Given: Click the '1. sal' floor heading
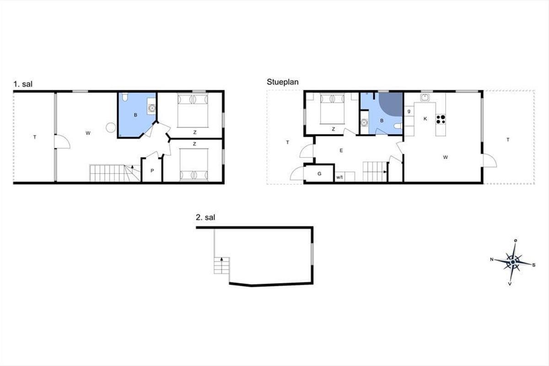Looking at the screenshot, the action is [23, 84].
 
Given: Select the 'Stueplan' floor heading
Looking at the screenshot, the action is [283, 82].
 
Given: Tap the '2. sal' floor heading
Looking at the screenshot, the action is [205, 217].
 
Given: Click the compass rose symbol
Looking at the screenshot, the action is [513, 262].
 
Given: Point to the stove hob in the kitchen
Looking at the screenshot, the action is [441, 119].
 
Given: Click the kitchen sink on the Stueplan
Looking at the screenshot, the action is [425, 97].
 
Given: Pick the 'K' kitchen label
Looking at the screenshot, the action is [425, 119].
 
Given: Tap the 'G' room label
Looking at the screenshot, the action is [319, 174].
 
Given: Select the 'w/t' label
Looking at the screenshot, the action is [339, 177].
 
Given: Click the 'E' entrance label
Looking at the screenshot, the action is [341, 151].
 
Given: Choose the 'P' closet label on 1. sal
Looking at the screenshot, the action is [152, 171].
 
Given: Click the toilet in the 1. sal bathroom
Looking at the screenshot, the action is [125, 97].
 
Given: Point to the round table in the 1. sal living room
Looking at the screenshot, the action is [111, 128].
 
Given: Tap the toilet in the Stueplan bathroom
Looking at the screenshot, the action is [398, 126].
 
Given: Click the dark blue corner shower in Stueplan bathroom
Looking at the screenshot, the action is [391, 104].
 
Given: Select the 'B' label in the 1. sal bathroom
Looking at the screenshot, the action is [135, 115].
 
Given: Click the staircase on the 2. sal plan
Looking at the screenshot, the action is [222, 265].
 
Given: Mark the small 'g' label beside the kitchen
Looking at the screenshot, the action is [409, 111].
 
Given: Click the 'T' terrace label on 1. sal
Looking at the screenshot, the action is [35, 137].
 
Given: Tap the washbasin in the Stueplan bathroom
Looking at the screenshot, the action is [365, 122].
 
